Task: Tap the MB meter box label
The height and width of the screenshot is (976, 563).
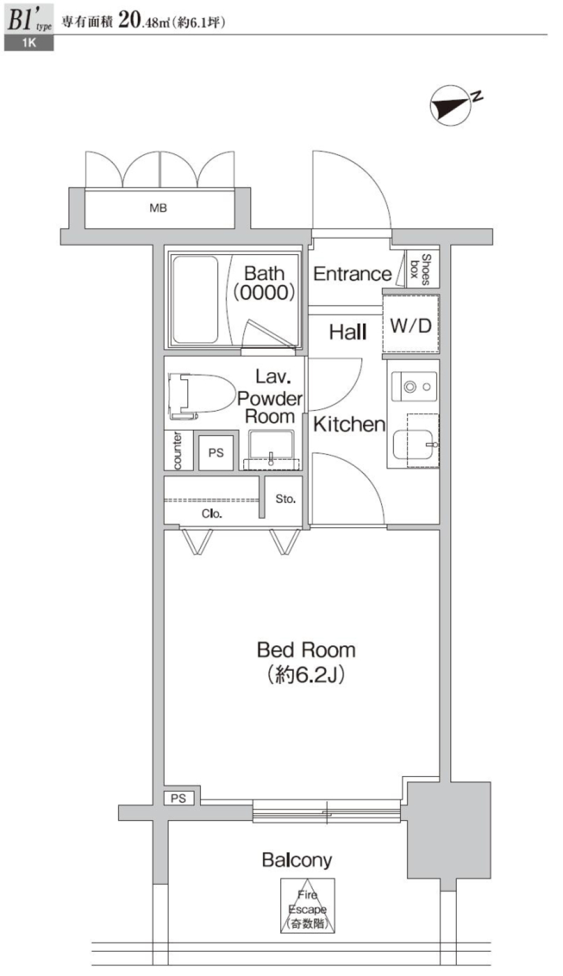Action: [x=158, y=208]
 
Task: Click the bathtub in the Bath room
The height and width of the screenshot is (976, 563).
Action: [x=195, y=300]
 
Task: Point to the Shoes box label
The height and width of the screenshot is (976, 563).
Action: [x=420, y=269]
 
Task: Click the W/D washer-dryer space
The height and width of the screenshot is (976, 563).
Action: [x=411, y=324]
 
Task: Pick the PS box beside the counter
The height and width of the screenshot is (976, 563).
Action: [x=216, y=453]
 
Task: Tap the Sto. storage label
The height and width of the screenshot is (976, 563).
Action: [x=286, y=499]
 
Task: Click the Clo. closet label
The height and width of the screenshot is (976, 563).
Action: [x=212, y=513]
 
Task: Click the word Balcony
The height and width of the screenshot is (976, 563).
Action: [x=297, y=860]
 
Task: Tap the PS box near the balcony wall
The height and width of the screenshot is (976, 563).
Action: [x=178, y=798]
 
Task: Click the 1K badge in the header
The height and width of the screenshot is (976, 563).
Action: [x=29, y=43]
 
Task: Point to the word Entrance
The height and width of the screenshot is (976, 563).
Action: [x=352, y=274]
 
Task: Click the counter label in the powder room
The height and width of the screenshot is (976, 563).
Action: [x=177, y=450]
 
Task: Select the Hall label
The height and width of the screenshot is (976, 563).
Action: [x=347, y=332]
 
